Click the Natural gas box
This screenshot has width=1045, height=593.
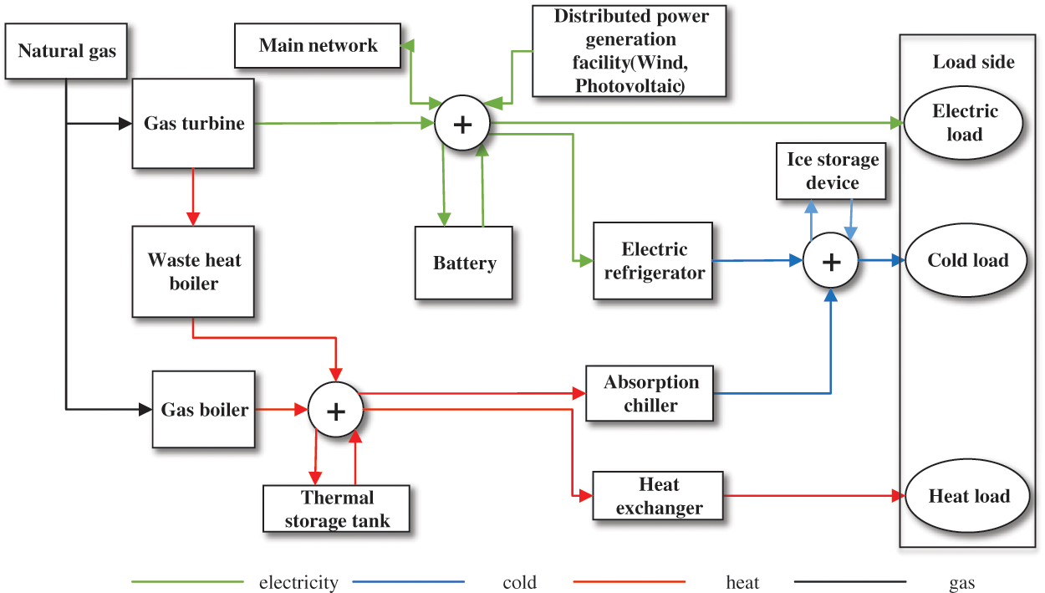(67, 52)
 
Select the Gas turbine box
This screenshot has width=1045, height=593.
(193, 124)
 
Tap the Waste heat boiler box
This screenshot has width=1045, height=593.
(193, 271)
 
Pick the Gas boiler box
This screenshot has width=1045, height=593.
(204, 410)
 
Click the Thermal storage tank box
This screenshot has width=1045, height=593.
(338, 509)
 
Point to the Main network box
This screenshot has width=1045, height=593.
(318, 45)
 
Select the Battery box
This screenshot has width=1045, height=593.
(464, 263)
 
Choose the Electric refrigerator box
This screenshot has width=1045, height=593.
(653, 261)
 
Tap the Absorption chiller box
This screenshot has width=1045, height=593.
(650, 394)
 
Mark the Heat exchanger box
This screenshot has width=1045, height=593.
(658, 496)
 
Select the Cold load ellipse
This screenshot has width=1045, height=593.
(967, 260)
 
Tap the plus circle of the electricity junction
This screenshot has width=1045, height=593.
(461, 124)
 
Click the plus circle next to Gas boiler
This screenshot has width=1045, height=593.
(335, 410)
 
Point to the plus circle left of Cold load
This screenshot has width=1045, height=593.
(831, 261)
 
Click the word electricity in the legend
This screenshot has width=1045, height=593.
(298, 583)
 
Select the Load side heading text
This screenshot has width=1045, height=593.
(973, 62)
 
